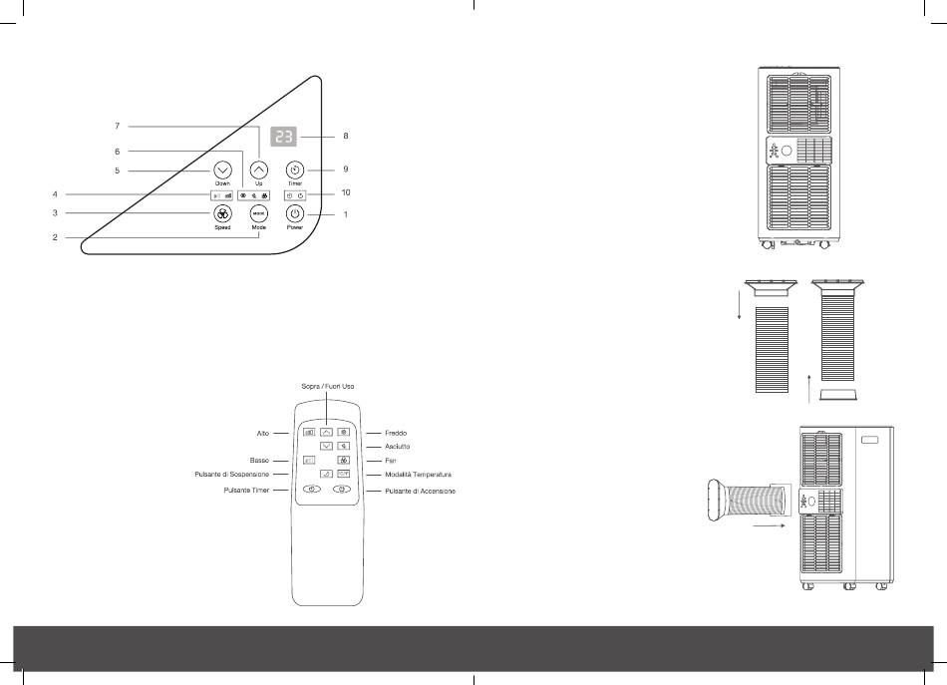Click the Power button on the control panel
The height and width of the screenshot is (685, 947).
coord(294,214)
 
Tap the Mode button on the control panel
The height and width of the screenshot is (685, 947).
coord(258,214)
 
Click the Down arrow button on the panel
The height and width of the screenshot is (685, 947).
coord(222,171)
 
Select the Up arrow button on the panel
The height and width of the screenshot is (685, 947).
coord(258,171)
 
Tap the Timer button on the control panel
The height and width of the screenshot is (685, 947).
coord(294,171)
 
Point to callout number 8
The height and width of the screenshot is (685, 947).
coord(345,135)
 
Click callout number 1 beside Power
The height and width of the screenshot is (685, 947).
coord(345,214)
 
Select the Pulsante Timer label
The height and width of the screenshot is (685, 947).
coord(251,492)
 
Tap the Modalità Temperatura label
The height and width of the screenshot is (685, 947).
coord(419,475)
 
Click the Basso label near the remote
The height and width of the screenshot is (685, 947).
coord(261,462)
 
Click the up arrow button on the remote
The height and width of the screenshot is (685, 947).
coord(326,433)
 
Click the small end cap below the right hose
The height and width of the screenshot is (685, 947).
coord(838,396)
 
